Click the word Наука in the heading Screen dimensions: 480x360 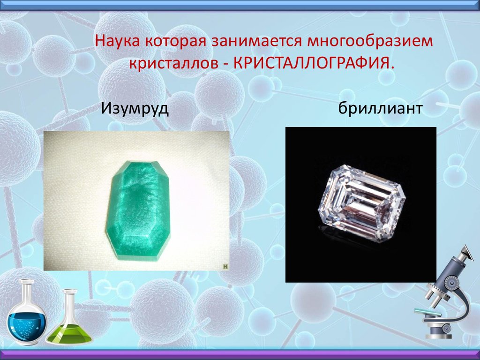click(x=118, y=41)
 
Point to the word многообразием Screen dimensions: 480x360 click(x=370, y=41)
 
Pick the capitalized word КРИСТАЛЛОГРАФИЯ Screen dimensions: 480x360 click(x=312, y=63)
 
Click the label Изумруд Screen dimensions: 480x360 click(x=135, y=108)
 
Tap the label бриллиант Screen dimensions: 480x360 click(x=380, y=108)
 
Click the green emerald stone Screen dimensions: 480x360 click(x=138, y=210)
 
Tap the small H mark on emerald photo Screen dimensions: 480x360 click(x=225, y=267)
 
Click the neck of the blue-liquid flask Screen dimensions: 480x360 click(x=26, y=291)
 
